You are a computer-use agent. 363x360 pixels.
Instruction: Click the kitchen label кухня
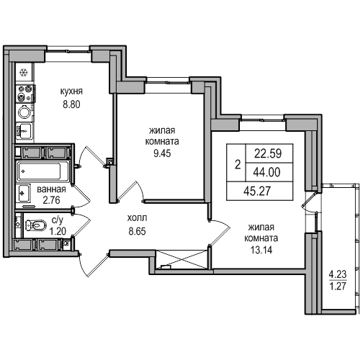71,91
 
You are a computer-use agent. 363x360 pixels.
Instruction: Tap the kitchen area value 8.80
71,104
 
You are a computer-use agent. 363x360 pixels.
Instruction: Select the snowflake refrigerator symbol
24,72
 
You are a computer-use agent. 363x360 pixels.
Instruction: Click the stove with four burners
25,93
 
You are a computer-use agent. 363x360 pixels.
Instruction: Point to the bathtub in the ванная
40,171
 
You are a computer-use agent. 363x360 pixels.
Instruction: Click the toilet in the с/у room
35,225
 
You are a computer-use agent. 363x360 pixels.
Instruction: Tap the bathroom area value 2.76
51,200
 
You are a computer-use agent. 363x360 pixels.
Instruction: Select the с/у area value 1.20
58,231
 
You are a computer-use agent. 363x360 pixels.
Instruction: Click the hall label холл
137,218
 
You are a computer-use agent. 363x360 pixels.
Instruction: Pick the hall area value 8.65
137,231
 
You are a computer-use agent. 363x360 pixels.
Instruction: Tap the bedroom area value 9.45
162,153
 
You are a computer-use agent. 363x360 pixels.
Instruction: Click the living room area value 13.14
261,250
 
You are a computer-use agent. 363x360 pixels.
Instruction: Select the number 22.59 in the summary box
268,153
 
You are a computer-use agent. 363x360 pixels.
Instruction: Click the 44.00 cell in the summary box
266,172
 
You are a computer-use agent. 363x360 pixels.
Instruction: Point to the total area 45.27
257,191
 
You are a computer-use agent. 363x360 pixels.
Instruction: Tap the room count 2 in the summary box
238,165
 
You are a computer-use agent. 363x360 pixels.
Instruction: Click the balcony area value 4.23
338,274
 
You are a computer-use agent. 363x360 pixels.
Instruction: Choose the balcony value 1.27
338,287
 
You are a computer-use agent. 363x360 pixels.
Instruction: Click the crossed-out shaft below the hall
181,259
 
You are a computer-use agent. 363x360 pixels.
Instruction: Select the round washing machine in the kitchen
24,112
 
